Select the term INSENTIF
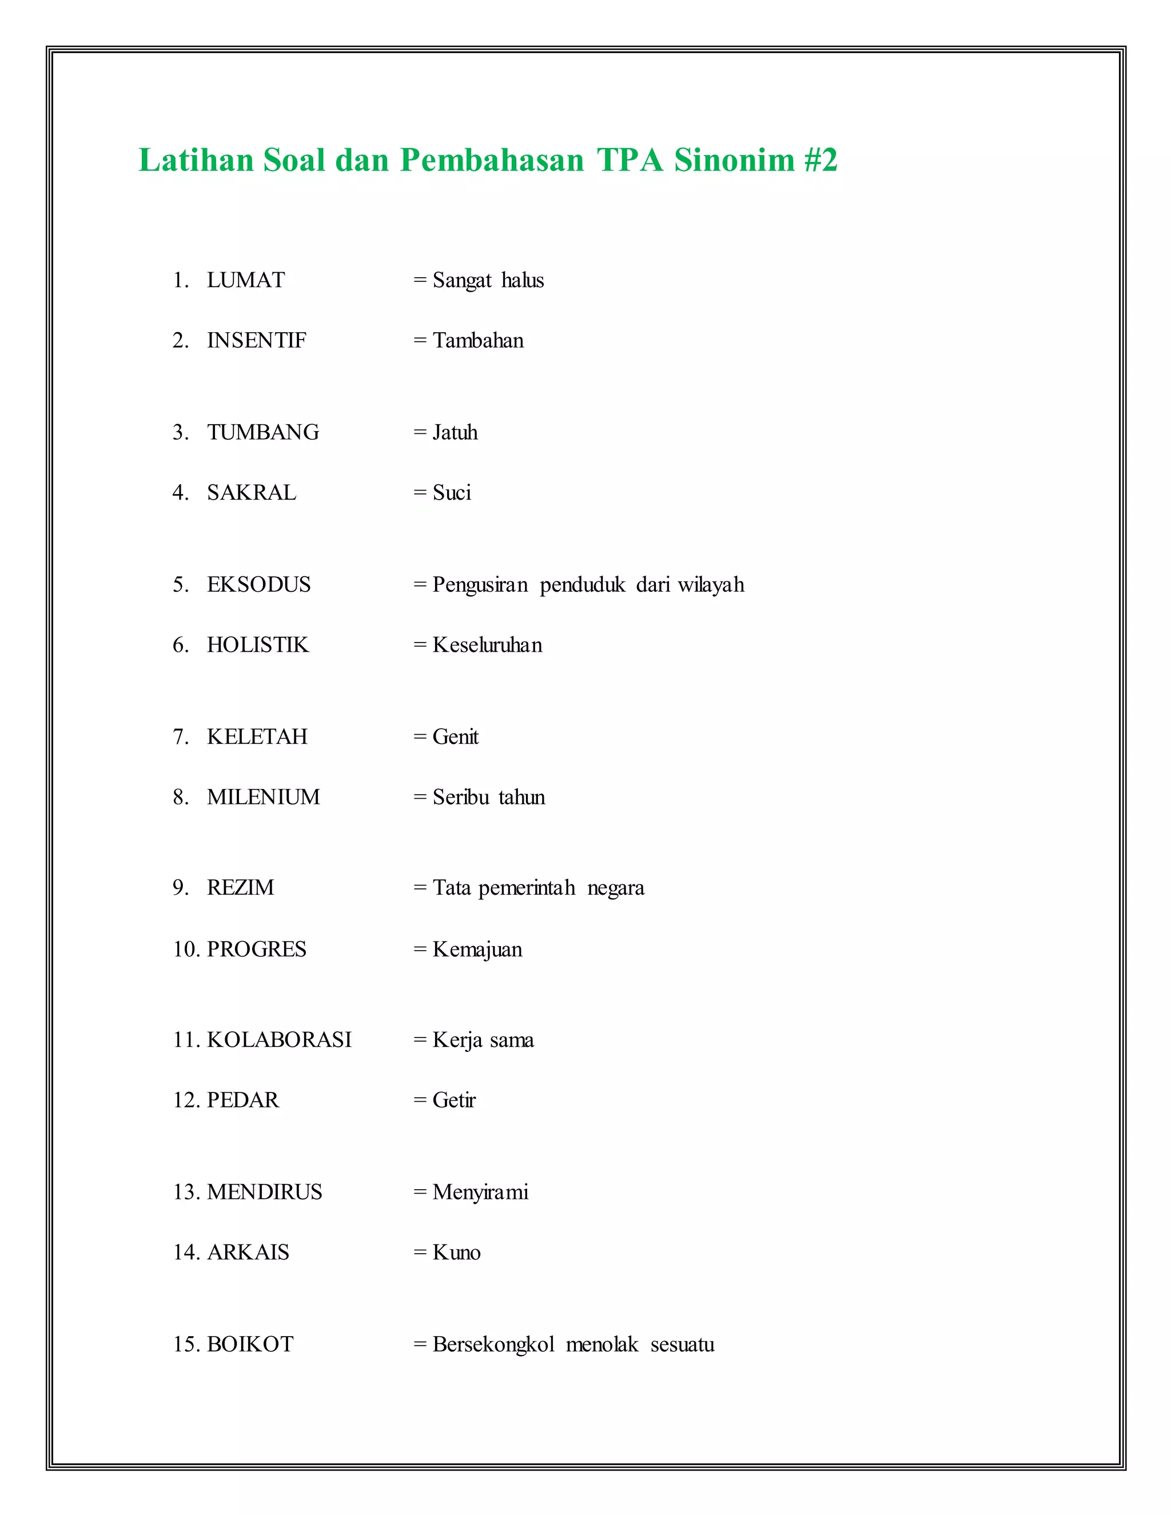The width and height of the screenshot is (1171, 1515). (x=256, y=341)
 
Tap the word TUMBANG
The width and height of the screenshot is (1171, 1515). (x=263, y=432)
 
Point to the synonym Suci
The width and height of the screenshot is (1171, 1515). (x=452, y=492)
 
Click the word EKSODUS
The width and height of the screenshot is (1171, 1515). (x=259, y=585)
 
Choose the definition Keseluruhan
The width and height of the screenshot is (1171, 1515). (x=487, y=645)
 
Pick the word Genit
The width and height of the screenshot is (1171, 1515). (x=455, y=737)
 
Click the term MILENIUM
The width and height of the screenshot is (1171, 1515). (x=263, y=797)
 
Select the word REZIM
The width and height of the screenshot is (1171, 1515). (x=240, y=888)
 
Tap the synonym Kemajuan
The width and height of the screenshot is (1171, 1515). (x=477, y=949)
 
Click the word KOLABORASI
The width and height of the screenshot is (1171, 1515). (x=279, y=1040)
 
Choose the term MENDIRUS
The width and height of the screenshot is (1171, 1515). (x=264, y=1192)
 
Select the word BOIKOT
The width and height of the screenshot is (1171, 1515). (x=250, y=1345)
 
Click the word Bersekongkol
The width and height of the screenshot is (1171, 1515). (x=493, y=1345)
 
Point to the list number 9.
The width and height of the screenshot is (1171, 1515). (x=180, y=888)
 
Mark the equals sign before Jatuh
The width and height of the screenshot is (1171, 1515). (x=420, y=432)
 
